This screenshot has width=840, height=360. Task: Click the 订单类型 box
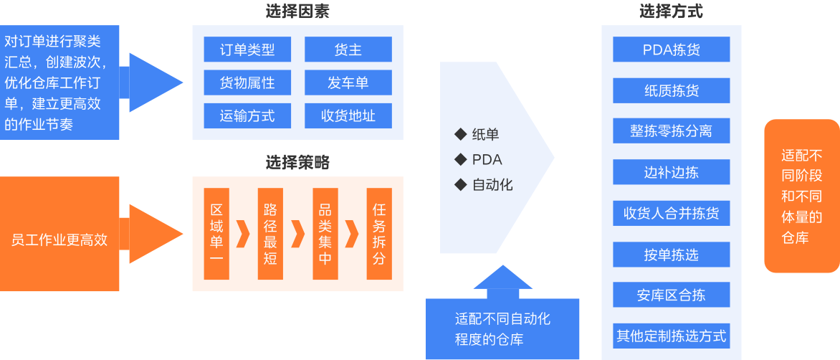pos(247,50)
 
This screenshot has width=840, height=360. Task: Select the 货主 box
pos(348,50)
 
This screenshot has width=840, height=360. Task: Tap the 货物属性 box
pos(247,82)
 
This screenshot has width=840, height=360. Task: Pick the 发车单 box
pos(348,82)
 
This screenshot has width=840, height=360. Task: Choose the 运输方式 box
pos(247,115)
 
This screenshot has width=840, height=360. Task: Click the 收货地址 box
pos(348,115)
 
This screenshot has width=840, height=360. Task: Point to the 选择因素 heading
pos(297,11)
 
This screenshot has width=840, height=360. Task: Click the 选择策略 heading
pos(297,163)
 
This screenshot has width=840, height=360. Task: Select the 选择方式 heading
pos(671,11)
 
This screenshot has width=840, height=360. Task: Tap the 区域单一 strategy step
pos(216,235)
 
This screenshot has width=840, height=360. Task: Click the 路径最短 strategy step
pos(270,235)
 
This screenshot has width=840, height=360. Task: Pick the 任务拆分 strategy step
pos(379,235)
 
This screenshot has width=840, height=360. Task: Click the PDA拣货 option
pos(672,50)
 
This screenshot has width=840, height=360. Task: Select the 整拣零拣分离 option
pos(672,132)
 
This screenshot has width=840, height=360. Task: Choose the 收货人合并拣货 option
pos(672,214)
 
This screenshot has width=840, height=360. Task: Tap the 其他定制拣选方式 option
pos(672,336)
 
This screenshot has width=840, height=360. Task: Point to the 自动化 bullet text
pos(492,185)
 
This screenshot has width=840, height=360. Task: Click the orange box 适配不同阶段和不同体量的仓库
pos(801,196)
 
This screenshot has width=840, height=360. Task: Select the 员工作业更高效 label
pos(59,240)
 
